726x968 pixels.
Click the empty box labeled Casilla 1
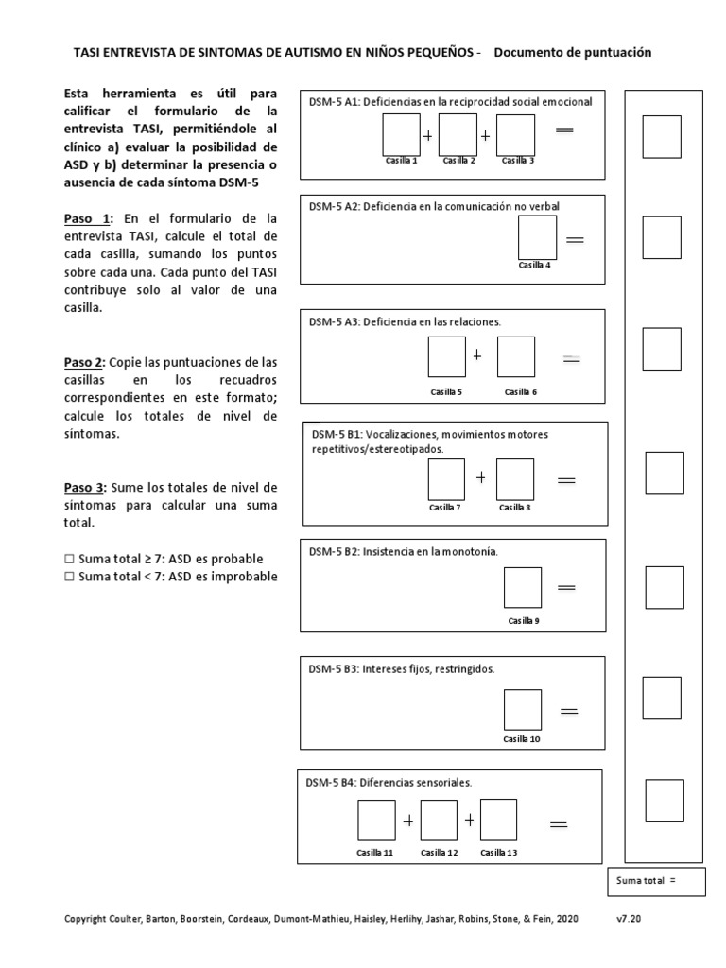tap(401, 134)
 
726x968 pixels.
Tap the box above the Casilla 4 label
tap(537, 236)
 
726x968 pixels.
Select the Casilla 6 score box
tap(516, 357)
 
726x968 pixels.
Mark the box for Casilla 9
tap(523, 587)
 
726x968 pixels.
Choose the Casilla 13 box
tap(498, 819)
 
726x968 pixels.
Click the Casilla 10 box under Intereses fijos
tap(523, 709)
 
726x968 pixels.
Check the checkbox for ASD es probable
tap(69, 559)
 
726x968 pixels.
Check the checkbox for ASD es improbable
tap(69, 577)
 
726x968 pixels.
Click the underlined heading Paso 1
tap(87, 218)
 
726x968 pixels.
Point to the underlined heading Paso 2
tap(85, 362)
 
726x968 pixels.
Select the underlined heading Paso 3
tap(85, 488)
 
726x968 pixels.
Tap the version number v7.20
tap(628, 918)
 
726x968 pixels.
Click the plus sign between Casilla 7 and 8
tap(480, 478)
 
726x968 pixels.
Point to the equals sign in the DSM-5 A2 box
tap(575, 240)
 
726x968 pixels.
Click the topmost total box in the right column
tap(662, 136)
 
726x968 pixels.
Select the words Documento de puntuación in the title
tap(573, 53)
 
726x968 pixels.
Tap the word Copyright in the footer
tap(87, 918)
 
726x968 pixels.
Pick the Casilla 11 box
tap(376, 820)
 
